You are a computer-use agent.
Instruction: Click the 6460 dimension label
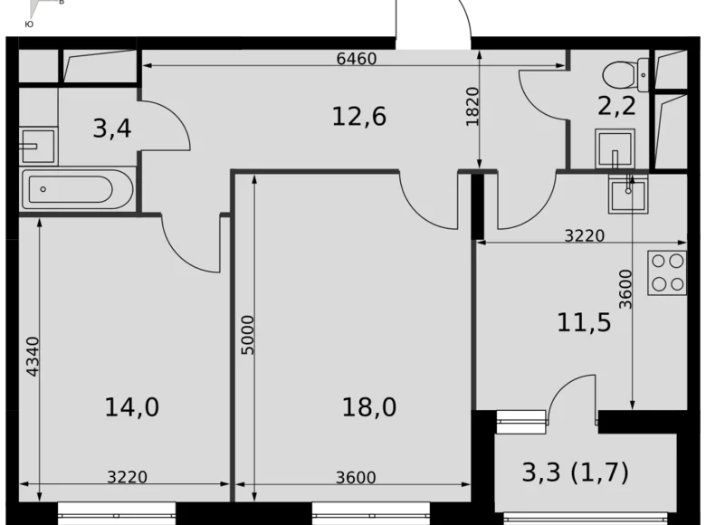click(x=356, y=60)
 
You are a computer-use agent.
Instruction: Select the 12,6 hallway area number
click(x=359, y=116)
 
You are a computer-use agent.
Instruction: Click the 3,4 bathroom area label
click(x=112, y=128)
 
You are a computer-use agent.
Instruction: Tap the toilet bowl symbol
click(x=625, y=71)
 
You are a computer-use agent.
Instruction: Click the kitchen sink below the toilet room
click(x=625, y=193)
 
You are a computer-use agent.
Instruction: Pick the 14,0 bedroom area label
click(x=132, y=407)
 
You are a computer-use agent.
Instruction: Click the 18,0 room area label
click(x=369, y=407)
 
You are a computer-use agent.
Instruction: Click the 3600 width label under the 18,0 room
click(x=354, y=478)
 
